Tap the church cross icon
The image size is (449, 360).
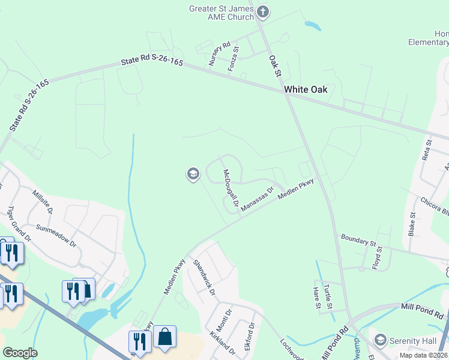coord(262,11)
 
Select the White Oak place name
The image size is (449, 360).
coord(306,89)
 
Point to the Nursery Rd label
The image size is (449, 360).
coord(219,53)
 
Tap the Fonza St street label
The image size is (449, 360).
coord(234,59)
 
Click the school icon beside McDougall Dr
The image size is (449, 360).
coord(193,175)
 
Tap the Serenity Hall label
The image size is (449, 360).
coord(412,341)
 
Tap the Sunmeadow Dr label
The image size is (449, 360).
coord(56,236)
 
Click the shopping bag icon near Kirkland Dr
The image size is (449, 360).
coord(165,337)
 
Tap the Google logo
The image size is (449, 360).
coord(20,353)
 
